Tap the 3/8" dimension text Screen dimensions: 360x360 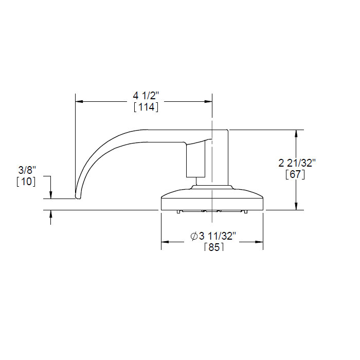point(27,170)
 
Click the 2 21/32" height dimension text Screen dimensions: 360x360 point(297,163)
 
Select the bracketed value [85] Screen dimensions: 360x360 point(213,247)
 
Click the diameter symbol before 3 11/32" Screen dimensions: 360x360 point(194,236)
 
